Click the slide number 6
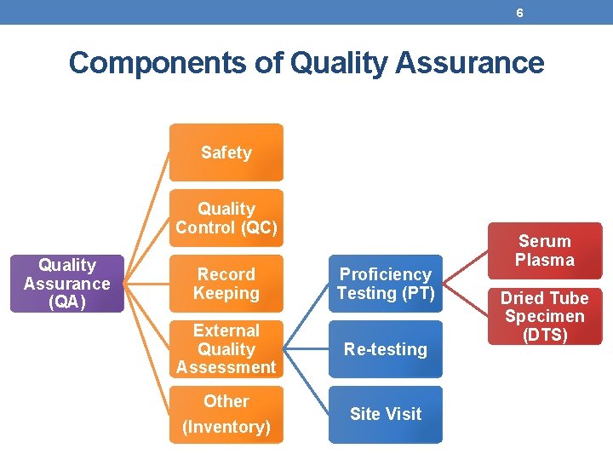pos(519,12)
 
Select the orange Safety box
pos(226,152)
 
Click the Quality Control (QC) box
pos(226,218)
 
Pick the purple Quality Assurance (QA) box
pos(67,284)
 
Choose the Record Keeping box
pos(226,284)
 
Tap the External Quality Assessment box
pos(226,348)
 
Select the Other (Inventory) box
pos(226,414)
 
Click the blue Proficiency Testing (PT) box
pos(386,284)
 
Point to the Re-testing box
pos(386,348)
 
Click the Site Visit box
pos(386,414)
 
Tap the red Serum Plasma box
pos(545,250)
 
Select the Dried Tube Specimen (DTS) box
pos(545,316)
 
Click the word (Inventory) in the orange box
pos(226,427)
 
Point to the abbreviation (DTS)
pos(545,335)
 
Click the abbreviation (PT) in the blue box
pos(420,293)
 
